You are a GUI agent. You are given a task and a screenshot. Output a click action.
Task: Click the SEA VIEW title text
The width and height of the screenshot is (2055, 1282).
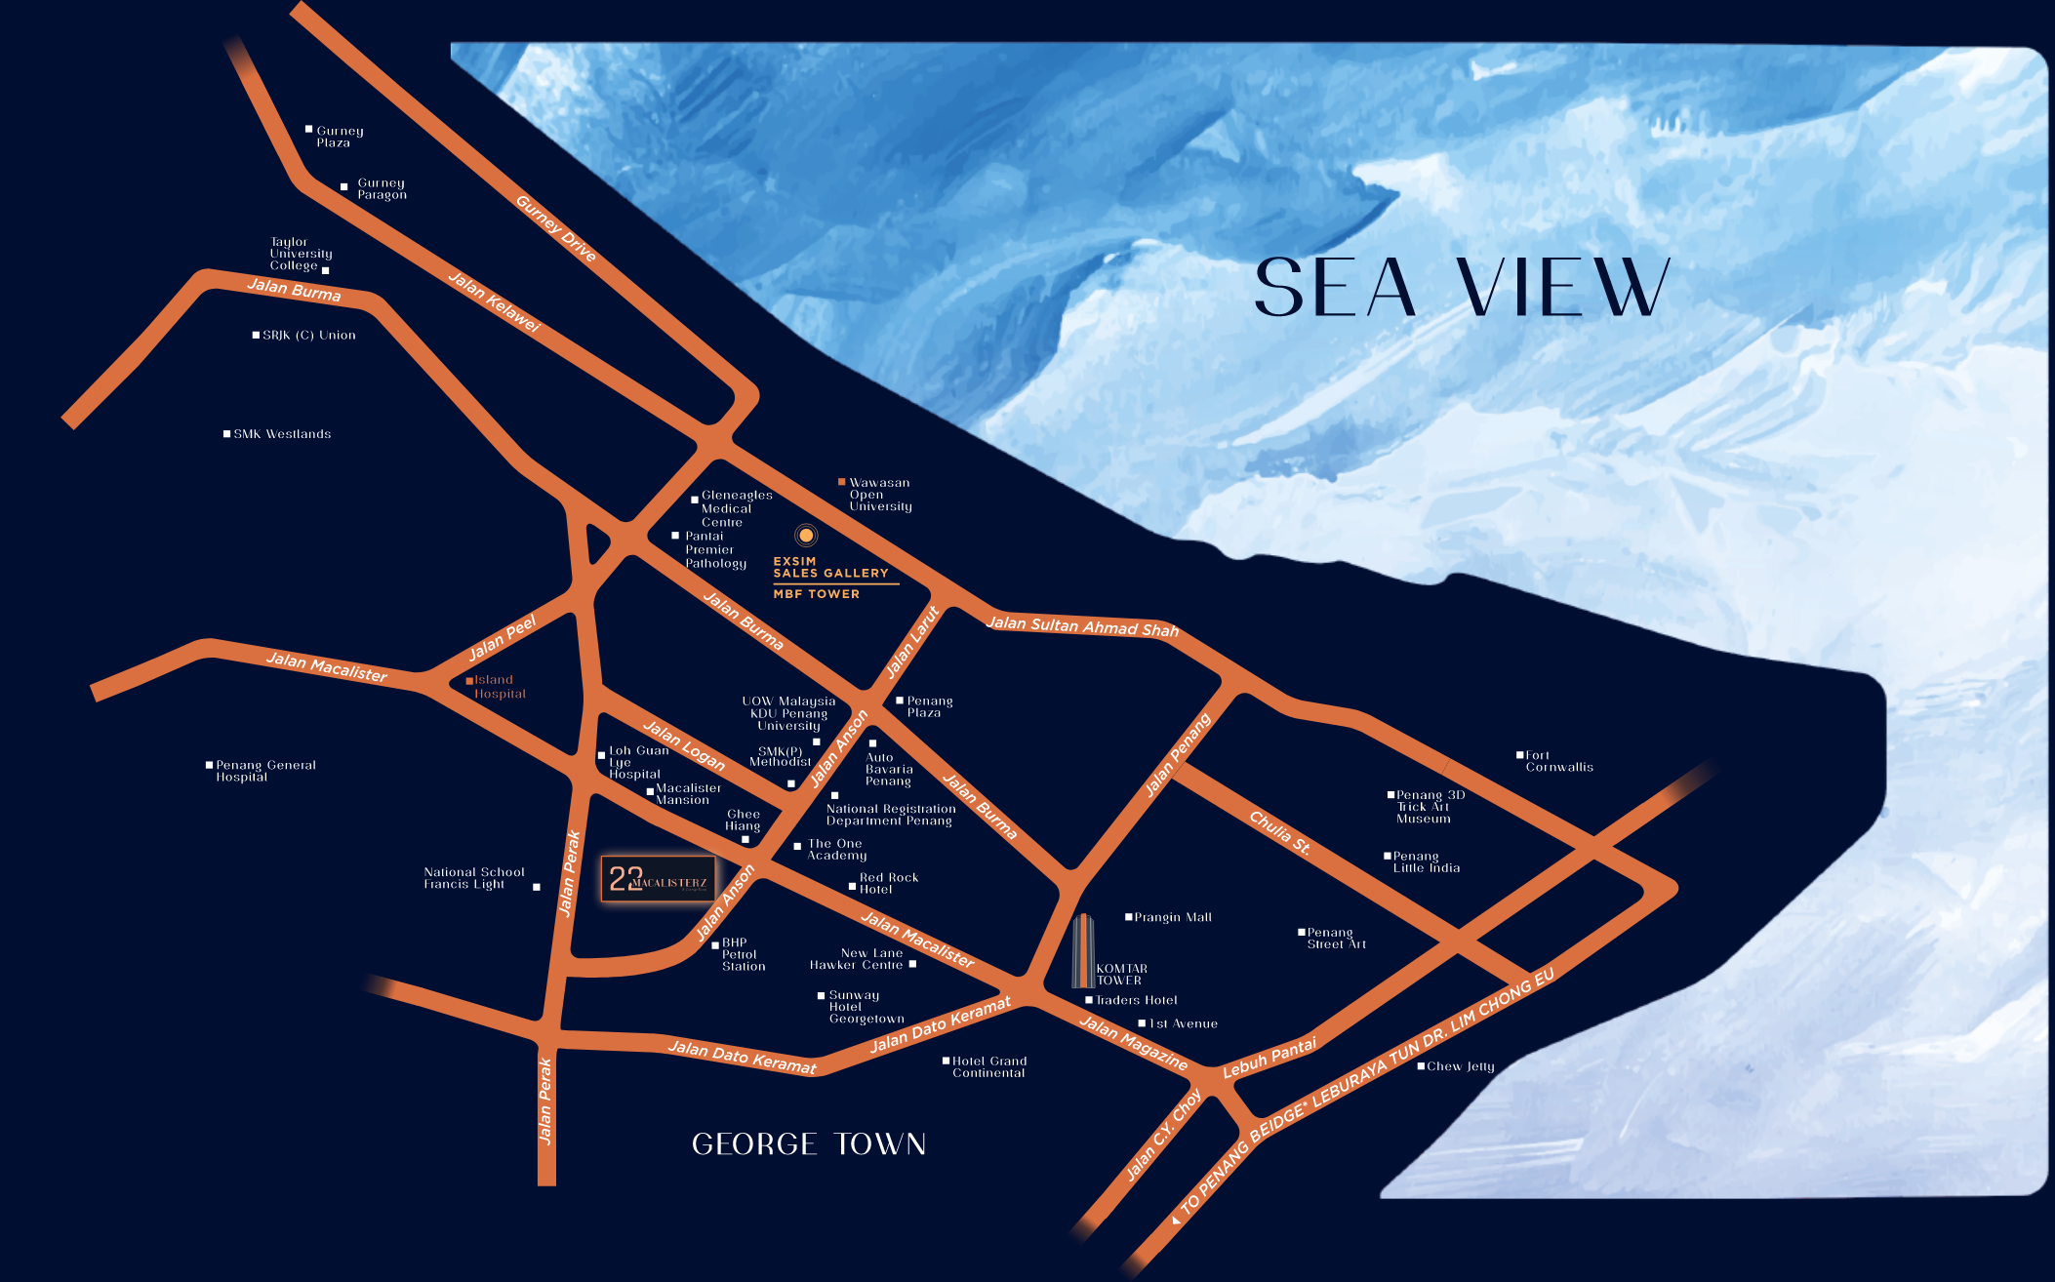1461,288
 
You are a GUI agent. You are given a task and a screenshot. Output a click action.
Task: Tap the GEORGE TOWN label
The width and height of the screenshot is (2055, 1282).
808,1143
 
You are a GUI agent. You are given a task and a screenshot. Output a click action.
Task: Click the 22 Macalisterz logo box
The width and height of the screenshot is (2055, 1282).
658,879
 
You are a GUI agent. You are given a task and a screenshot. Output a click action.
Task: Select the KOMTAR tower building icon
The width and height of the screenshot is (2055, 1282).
1082,951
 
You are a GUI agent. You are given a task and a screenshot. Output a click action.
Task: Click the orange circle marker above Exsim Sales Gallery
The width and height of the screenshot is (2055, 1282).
806,535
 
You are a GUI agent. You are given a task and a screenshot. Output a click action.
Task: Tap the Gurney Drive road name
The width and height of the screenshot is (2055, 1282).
555,228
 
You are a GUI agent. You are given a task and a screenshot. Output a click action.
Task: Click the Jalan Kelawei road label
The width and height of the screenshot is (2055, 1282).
494,301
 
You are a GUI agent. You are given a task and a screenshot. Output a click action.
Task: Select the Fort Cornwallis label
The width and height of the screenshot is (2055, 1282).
1558,761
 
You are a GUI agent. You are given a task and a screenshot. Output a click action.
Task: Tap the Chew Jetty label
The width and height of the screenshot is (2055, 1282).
1460,1066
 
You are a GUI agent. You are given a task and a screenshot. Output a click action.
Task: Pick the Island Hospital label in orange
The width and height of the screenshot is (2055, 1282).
499,687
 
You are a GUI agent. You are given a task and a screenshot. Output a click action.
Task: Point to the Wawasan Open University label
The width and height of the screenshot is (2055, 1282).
879,495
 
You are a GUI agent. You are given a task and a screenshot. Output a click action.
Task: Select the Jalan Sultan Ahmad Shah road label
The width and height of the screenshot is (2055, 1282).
1082,625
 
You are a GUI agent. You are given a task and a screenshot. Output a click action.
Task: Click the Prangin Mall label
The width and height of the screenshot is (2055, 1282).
1172,917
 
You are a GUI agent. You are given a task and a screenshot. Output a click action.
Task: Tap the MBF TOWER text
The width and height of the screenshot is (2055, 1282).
816,594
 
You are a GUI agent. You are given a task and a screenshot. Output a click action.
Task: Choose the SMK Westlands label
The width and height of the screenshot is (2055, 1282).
281,434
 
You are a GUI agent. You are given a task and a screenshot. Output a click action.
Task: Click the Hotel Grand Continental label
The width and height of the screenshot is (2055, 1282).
988,1066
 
